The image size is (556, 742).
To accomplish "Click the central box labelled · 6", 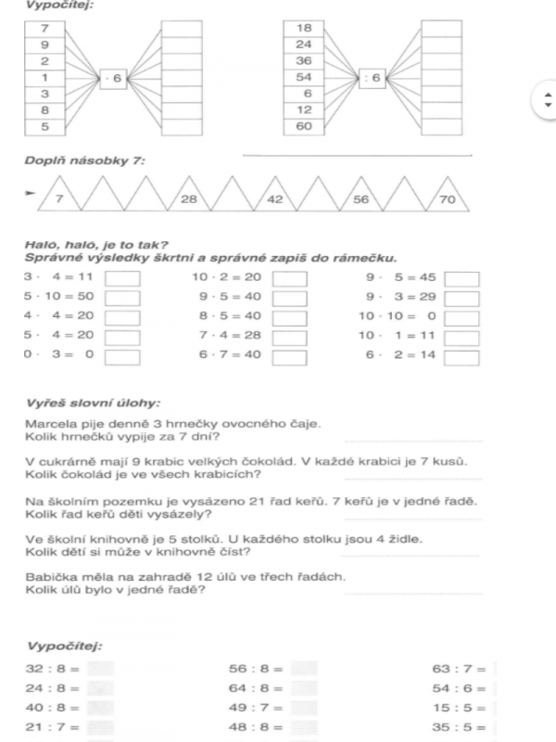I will (x=111, y=79).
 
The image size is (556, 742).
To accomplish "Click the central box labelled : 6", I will (x=372, y=79).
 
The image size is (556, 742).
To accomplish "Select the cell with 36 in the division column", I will (x=303, y=61).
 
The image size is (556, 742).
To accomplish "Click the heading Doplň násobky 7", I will (x=84, y=161).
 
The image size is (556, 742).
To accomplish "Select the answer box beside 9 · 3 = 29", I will (x=461, y=298).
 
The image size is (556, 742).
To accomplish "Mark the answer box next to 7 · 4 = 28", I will (x=289, y=336).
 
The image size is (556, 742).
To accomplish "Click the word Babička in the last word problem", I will (x=48, y=577).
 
